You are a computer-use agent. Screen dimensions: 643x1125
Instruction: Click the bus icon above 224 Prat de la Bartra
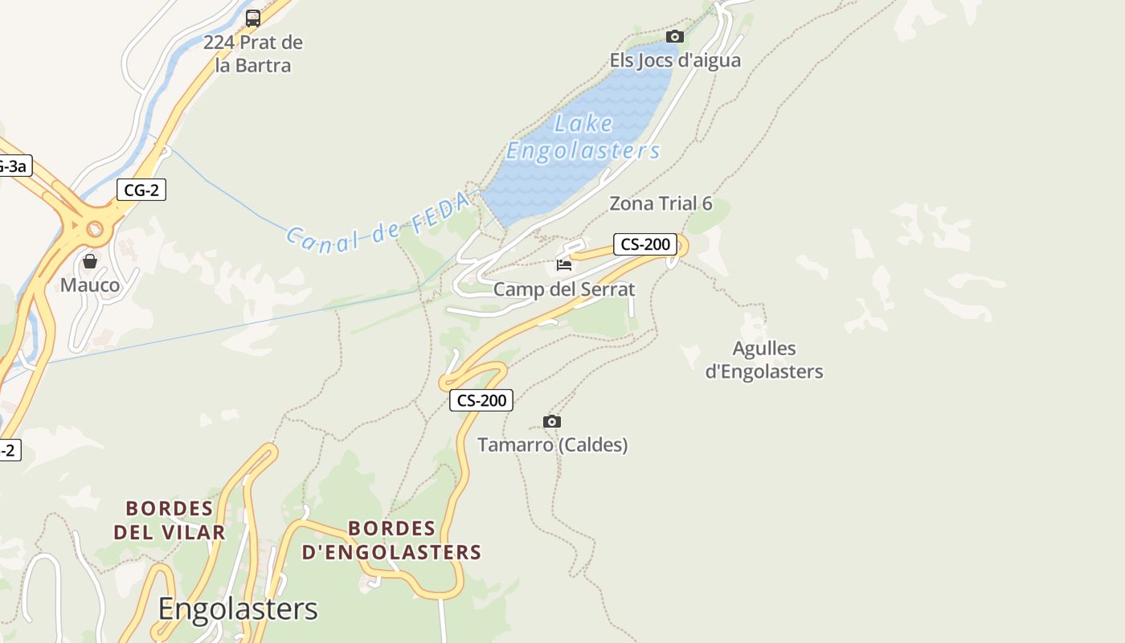pos(253,18)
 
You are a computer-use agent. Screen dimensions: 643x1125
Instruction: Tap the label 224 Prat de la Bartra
pos(253,54)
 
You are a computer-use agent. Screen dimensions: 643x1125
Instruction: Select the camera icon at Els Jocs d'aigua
pos(675,36)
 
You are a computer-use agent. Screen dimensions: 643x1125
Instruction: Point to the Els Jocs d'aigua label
pos(675,60)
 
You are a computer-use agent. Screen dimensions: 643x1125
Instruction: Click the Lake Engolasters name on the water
pos(583,137)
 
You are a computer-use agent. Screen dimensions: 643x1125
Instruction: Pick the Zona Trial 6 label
pos(661,203)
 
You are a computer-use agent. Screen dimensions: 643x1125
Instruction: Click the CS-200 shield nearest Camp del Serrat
pos(645,244)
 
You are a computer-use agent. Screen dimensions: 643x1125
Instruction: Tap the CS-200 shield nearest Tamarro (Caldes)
pos(481,400)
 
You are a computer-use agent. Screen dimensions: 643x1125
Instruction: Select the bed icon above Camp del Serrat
pos(564,264)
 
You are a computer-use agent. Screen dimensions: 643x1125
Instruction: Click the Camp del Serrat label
pos(564,289)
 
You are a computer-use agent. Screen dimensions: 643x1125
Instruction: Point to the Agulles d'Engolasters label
pos(764,360)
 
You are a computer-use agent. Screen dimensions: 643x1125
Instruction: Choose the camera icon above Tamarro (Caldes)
pos(551,421)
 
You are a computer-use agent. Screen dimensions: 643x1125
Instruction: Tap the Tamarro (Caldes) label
pos(553,444)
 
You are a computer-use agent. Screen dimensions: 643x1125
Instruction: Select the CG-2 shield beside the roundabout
pos(141,190)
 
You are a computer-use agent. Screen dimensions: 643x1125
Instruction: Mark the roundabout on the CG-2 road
pos(95,229)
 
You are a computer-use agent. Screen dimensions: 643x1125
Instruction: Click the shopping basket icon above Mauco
pos(90,261)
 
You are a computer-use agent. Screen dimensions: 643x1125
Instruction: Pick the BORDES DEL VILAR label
pos(170,520)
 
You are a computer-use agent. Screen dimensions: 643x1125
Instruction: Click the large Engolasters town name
pos(238,609)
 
